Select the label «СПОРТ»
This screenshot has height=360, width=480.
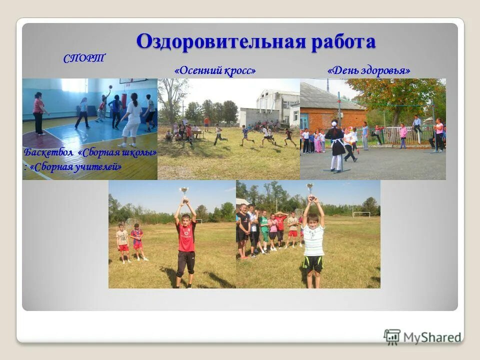84,58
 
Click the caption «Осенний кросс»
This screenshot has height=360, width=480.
215,71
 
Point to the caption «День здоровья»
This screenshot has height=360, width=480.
369,71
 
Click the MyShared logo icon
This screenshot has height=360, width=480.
392,337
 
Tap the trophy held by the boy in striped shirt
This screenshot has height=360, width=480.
310,188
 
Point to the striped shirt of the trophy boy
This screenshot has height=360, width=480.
313,240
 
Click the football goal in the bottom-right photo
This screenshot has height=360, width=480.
361,214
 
